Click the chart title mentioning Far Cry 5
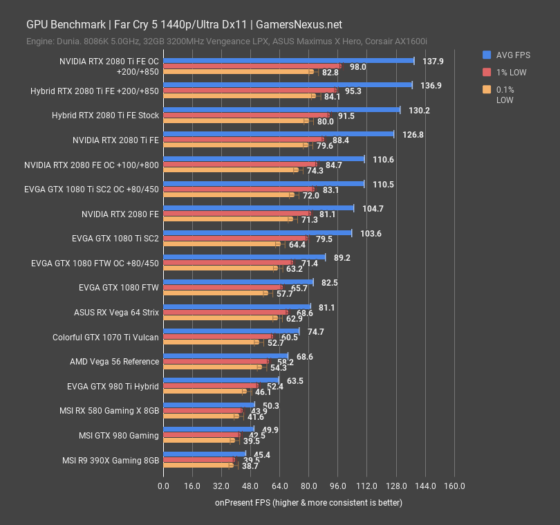click(x=184, y=24)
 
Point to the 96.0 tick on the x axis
click(x=337, y=486)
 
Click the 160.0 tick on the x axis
click(x=454, y=486)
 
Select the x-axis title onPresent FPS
click(x=308, y=503)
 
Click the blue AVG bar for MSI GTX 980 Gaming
click(x=209, y=429)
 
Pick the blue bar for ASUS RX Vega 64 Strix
click(x=237, y=306)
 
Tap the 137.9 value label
click(x=433, y=62)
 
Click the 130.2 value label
click(x=420, y=110)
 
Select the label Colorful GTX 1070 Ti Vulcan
click(x=106, y=338)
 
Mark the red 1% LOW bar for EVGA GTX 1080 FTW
click(x=223, y=288)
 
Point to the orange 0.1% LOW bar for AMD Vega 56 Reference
click(x=212, y=368)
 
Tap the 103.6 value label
click(x=371, y=233)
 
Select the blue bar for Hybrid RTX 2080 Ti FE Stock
click(x=281, y=110)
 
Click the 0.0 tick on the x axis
click(x=163, y=486)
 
